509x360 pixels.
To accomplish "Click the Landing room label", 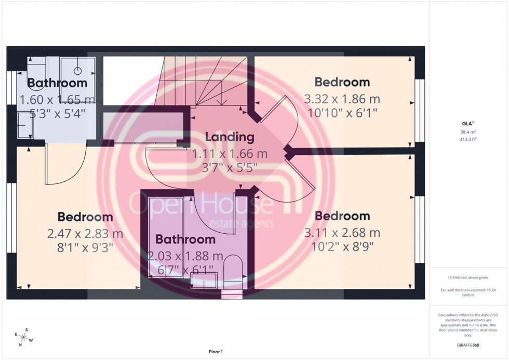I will pyautogui.click(x=230, y=138).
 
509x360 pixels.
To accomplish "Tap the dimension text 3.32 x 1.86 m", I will pyautogui.click(x=342, y=99).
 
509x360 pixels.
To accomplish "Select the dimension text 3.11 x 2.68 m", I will pyautogui.click(x=342, y=232).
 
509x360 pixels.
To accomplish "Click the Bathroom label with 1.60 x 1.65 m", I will pyautogui.click(x=57, y=83).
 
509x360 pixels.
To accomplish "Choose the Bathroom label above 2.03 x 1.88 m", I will pyautogui.click(x=185, y=239).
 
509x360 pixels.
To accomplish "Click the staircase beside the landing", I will pyautogui.click(x=203, y=81).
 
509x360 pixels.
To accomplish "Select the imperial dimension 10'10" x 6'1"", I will pyautogui.click(x=342, y=112).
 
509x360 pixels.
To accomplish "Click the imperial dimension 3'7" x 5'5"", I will pyautogui.click(x=230, y=167).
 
